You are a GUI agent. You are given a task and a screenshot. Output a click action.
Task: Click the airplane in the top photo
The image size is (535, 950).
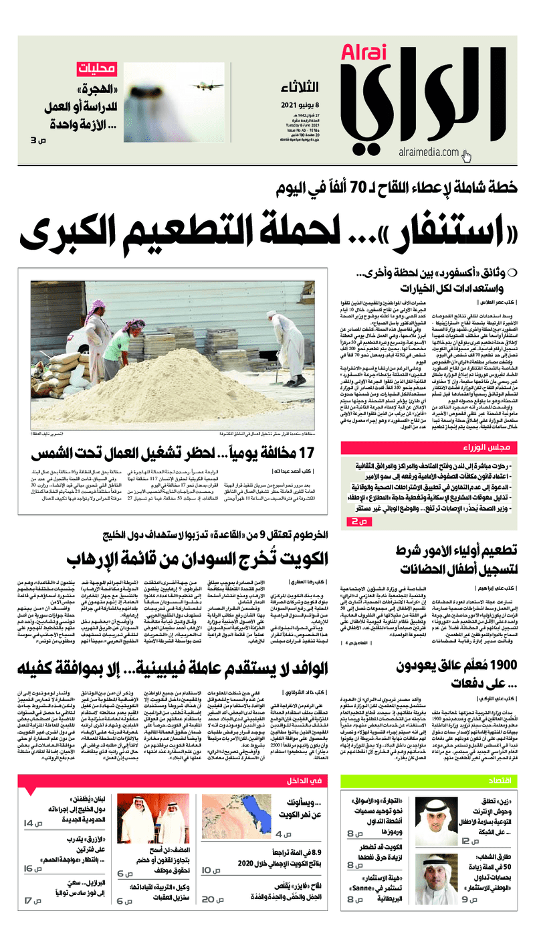point(205,86)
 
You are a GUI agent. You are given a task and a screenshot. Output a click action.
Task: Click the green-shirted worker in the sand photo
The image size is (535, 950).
point(134,347)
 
